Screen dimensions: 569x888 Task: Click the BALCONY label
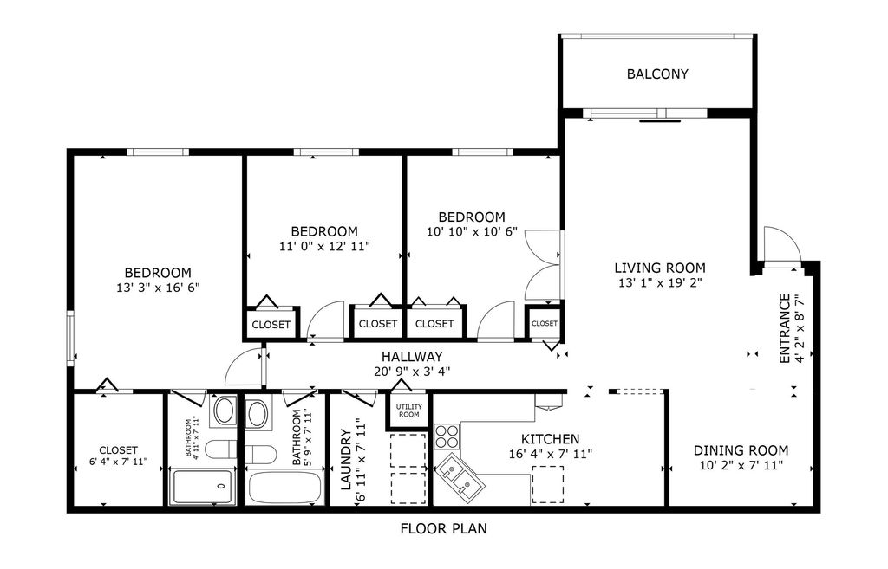click(657, 74)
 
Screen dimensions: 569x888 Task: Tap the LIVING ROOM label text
click(660, 268)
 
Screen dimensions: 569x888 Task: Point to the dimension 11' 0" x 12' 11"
click(323, 247)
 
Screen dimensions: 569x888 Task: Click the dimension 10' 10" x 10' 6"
click(471, 232)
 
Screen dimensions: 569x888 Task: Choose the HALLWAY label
click(412, 357)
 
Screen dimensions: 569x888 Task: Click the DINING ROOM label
click(741, 450)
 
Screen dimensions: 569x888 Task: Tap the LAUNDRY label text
click(345, 460)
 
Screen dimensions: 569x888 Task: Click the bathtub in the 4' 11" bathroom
click(204, 487)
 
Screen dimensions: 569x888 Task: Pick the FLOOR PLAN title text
click(443, 527)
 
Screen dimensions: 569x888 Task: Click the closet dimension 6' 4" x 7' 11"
click(118, 462)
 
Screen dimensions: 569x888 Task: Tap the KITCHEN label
click(550, 439)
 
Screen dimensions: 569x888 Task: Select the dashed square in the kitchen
click(547, 483)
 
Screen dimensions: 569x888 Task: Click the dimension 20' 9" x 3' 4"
click(412, 372)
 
